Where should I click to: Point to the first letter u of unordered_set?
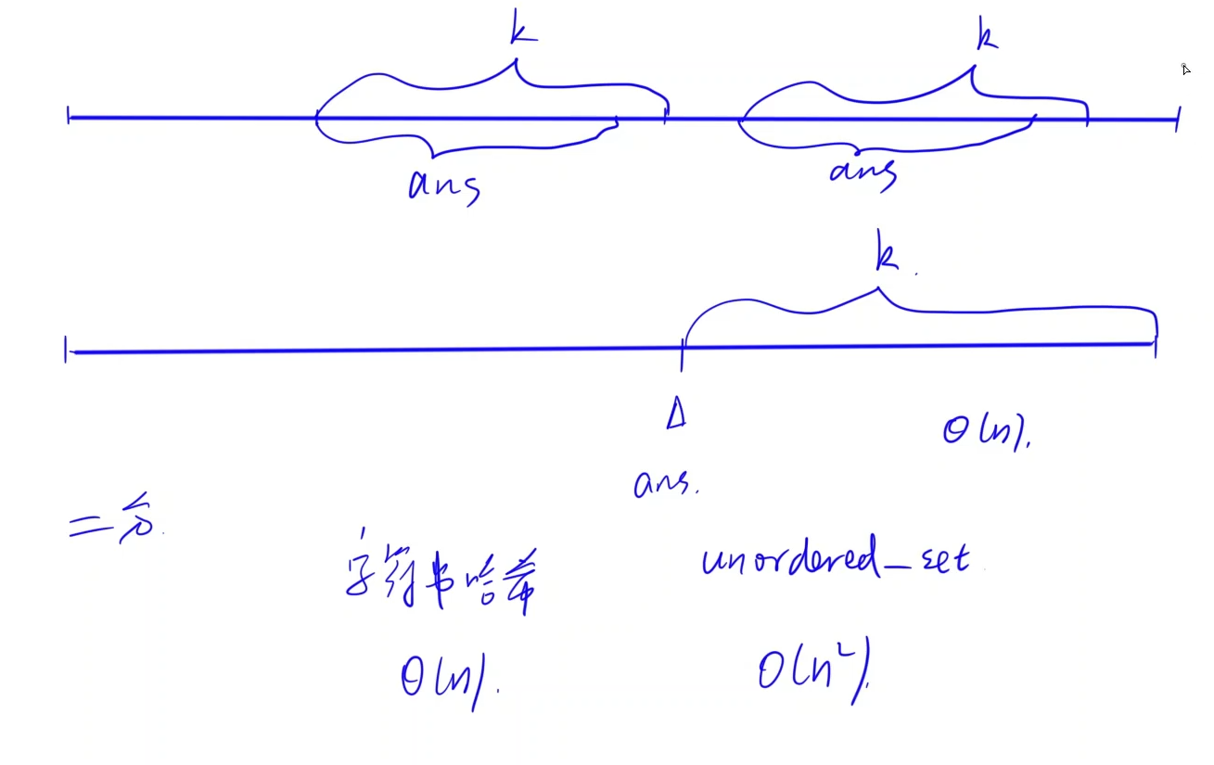(714, 562)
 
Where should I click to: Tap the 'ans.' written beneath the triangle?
(665, 483)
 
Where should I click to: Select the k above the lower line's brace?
(887, 256)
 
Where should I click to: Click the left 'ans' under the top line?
(443, 185)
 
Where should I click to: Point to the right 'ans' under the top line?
(863, 172)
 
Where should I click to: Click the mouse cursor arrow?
(1185, 69)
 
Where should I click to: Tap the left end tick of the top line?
(69, 116)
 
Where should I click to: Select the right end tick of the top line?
(1178, 119)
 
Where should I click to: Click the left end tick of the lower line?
(67, 351)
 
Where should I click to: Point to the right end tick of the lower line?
(1156, 344)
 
